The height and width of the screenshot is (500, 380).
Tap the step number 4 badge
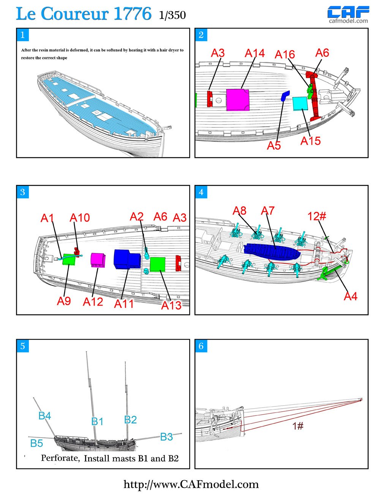coord(201,192)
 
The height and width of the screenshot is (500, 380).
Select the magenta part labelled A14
coord(237,100)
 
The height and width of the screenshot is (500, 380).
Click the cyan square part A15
coord(300,103)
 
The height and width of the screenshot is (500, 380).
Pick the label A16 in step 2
coord(285,55)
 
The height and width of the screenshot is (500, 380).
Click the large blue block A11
coord(127,259)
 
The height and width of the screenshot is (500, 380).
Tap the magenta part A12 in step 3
coord(98,260)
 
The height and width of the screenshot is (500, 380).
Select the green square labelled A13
coord(157,264)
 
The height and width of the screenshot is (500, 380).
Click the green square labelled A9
coord(69,260)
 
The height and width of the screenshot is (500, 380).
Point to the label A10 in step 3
coord(80,218)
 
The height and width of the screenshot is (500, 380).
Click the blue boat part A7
coord(272,252)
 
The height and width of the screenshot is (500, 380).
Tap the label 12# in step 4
coord(317,216)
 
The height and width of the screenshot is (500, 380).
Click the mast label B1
coord(97,421)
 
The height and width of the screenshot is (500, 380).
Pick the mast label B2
coord(130,419)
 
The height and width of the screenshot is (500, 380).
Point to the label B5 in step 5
coord(36,443)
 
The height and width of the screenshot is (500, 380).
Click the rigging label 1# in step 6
coord(298,426)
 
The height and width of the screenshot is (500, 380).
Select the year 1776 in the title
coord(132,14)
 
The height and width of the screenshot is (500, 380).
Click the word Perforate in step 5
coord(60,458)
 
